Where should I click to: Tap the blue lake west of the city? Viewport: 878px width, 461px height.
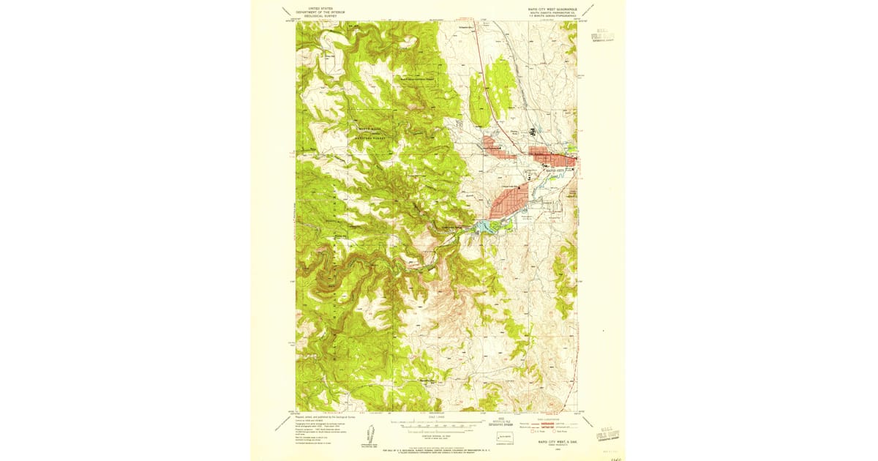tap(484, 228)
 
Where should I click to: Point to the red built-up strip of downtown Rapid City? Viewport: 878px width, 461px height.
tap(553, 157)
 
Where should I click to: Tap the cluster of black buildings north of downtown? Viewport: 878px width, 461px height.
tap(533, 132)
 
